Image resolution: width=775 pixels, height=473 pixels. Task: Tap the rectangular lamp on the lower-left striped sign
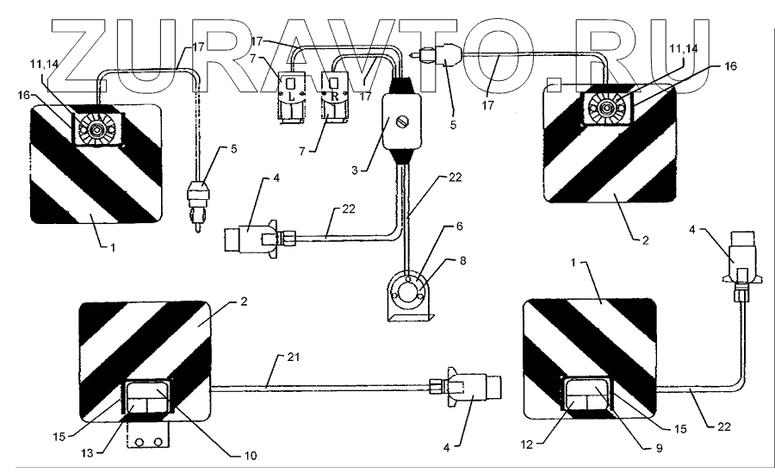point(147,398)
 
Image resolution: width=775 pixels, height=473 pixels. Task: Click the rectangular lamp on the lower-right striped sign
point(588,395)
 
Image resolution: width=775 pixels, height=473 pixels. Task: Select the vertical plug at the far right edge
point(738,256)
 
